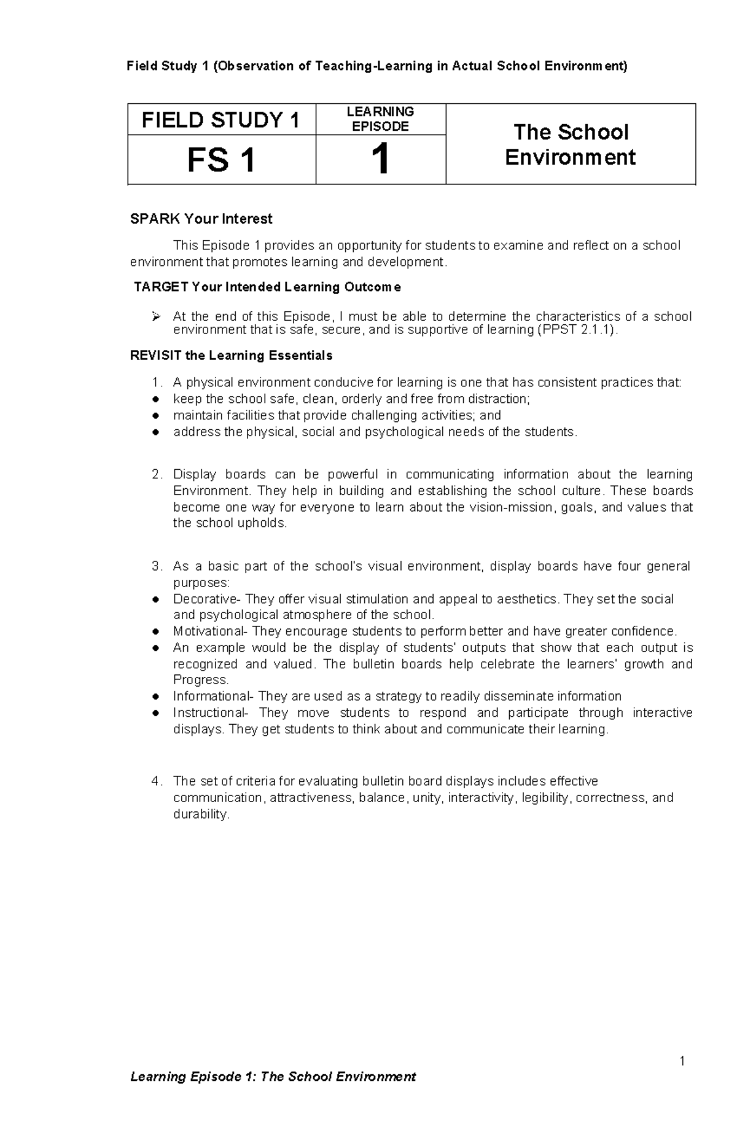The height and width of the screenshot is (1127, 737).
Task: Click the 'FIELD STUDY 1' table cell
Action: tap(221, 120)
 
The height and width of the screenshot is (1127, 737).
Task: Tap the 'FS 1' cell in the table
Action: tap(221, 160)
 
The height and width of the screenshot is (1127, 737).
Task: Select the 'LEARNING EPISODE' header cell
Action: tap(380, 119)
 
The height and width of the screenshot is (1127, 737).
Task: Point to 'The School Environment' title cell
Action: tap(570, 144)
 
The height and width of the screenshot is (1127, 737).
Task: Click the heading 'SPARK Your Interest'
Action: tap(201, 219)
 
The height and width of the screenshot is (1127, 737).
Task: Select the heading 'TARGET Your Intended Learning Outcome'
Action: tap(267, 287)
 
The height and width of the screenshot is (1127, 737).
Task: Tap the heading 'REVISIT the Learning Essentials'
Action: tap(231, 356)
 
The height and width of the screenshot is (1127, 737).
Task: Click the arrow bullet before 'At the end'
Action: tap(156, 317)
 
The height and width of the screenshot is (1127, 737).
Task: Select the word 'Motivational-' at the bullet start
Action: tap(211, 631)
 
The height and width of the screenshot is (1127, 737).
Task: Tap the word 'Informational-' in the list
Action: tap(213, 696)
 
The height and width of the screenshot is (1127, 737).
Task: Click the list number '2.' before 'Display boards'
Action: tap(157, 475)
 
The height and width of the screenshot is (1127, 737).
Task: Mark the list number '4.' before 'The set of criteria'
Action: tap(157, 781)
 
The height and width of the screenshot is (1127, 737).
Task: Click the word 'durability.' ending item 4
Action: tap(201, 814)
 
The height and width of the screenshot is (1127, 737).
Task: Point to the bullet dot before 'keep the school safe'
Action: tap(156, 400)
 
